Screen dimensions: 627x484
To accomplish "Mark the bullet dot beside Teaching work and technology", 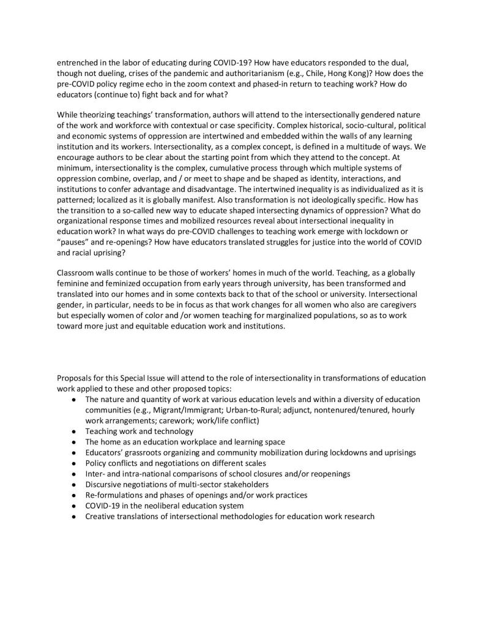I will click(73, 431).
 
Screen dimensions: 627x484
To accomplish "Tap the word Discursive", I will click(105, 484).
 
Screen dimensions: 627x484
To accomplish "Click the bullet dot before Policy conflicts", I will click(73, 463).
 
